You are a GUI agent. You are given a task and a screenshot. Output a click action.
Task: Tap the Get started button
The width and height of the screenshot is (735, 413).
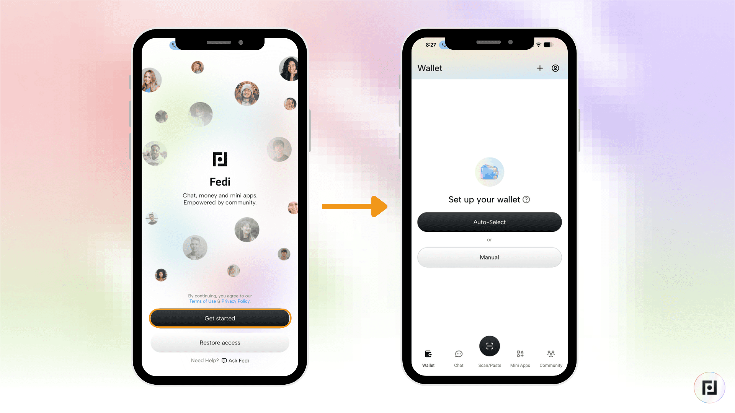coord(220,318)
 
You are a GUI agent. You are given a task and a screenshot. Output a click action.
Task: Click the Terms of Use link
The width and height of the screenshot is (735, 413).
coord(203,301)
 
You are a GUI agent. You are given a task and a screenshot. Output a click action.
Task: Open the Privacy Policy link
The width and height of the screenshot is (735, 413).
coord(236,301)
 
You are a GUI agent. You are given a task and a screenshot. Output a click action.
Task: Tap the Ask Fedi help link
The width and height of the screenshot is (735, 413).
coord(235,361)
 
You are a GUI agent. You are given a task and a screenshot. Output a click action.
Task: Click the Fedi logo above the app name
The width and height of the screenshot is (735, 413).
coord(220,159)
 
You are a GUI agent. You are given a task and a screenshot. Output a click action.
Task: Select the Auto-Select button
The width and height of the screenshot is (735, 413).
coord(489,222)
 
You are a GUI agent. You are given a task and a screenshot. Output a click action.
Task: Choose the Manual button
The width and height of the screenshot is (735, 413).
coord(489,257)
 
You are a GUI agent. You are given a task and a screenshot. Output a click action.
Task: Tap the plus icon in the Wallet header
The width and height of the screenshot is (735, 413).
coord(540,68)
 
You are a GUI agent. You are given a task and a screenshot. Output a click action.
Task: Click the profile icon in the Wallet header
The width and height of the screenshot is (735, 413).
coord(555,68)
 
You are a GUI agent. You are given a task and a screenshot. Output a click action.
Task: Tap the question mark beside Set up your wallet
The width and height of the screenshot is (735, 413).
coord(526,200)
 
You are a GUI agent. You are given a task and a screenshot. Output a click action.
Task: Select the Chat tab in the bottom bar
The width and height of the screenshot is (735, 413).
coord(459,358)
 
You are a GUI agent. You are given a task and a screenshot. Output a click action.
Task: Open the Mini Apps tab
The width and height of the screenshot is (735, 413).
coord(520,358)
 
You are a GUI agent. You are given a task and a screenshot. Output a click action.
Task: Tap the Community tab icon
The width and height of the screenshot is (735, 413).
coord(551,354)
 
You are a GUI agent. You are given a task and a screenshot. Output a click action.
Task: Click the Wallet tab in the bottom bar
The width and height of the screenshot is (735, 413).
coord(428,358)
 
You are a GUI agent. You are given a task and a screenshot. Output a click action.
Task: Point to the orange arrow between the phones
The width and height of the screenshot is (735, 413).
coord(354,206)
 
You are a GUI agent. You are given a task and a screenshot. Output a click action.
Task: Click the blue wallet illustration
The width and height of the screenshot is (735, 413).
coord(489,172)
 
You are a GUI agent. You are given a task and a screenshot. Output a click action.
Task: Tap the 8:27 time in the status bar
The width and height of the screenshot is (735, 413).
coord(431,45)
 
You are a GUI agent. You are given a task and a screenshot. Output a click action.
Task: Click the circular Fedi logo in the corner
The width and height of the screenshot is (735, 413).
coord(709,387)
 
